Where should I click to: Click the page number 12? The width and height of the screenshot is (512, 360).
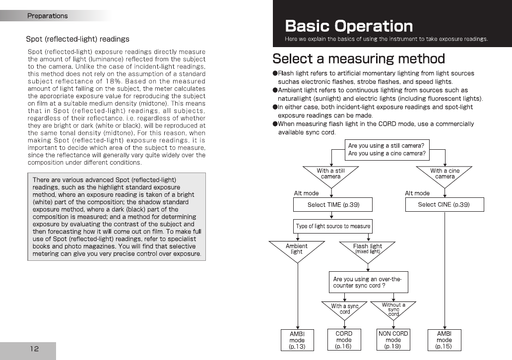point(34,349)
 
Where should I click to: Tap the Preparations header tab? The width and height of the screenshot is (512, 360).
point(48,16)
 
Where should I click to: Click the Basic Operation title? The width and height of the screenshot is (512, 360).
point(349,26)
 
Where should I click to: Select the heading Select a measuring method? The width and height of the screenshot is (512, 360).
point(358,59)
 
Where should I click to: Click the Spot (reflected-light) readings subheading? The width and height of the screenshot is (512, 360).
point(77,39)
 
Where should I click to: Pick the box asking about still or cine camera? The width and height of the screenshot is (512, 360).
point(387,149)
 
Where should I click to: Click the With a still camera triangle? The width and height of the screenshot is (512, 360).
point(331,174)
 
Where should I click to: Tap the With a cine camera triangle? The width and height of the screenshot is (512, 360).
point(445,174)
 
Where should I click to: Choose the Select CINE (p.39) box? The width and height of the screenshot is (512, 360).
point(444,204)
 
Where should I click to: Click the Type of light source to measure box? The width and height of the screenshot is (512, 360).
point(333,226)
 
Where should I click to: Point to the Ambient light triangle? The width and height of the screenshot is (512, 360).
point(297,248)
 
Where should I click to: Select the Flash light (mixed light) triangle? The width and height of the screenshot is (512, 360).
point(368,248)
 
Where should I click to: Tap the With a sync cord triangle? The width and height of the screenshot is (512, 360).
point(344,308)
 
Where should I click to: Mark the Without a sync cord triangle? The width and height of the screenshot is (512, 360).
point(393,308)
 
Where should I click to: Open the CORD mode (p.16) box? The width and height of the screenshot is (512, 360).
point(344,340)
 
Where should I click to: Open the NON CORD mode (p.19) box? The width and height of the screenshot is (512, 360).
point(393,340)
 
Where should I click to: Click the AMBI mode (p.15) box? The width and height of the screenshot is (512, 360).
point(444,340)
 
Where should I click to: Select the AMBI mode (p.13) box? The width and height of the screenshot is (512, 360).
point(297,340)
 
